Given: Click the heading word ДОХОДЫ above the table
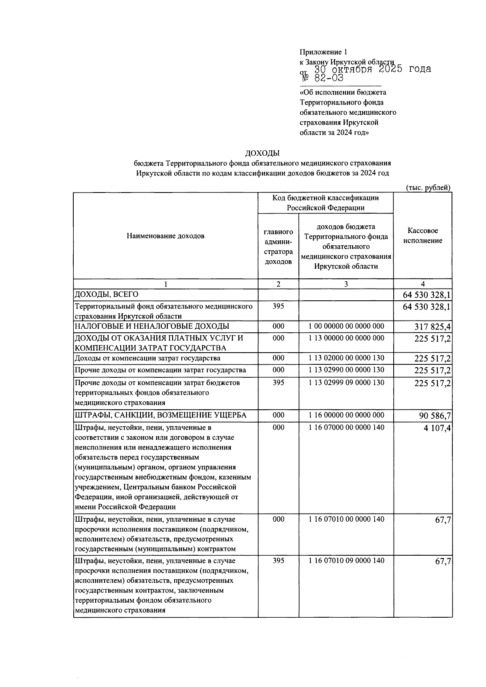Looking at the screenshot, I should [x=262, y=153].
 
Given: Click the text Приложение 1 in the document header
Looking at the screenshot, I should [x=323, y=52].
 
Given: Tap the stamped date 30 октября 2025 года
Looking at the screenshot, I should [x=373, y=69].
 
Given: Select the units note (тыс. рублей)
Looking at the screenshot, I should [x=428, y=187].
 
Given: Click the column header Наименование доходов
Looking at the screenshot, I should [x=165, y=236].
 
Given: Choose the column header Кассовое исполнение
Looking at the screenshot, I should [x=422, y=235].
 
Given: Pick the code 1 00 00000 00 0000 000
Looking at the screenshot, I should [x=346, y=326].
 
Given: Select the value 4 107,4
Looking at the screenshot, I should [x=437, y=428].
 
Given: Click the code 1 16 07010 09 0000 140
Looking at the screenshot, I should [x=346, y=561].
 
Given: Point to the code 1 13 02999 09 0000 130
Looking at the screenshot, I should [x=346, y=382].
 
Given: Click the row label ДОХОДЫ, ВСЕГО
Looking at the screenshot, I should [x=106, y=294].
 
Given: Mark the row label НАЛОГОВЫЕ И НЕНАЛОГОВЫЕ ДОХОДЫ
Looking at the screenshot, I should [x=152, y=326].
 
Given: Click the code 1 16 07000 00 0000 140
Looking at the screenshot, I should [x=346, y=427].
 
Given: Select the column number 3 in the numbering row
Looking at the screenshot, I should [x=346, y=284].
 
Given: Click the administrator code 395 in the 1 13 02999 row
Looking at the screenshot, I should [x=278, y=382].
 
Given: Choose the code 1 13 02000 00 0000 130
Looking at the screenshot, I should [x=346, y=358].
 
